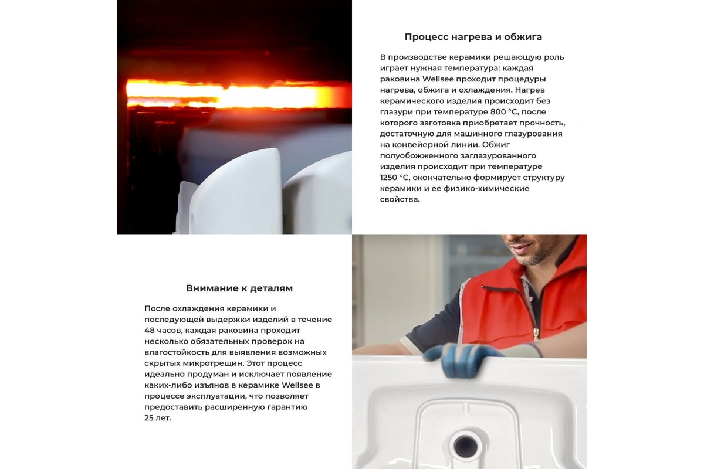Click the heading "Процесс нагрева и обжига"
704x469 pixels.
pyautogui.click(x=473, y=37)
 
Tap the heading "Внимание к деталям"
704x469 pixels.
pyautogui.click(x=239, y=288)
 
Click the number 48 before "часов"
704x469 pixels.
pyautogui.click(x=150, y=330)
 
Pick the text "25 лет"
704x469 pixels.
pyautogui.click(x=158, y=418)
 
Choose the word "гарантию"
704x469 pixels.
pyautogui.click(x=289, y=407)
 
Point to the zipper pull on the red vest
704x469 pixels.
pyautogui.click(x=535, y=334)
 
